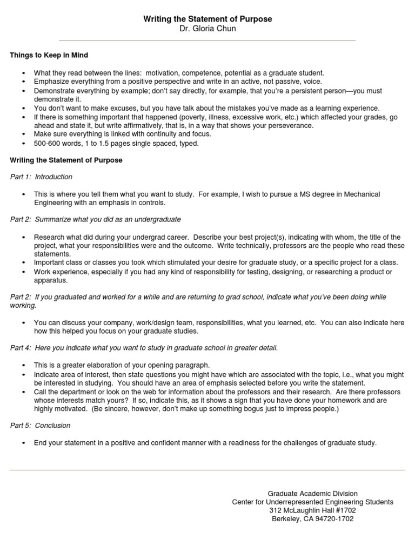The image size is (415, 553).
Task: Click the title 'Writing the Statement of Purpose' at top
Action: pyautogui.click(x=207, y=19)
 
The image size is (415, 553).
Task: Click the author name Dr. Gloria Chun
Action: pyautogui.click(x=207, y=29)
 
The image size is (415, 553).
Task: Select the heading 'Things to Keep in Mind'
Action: pyautogui.click(x=49, y=55)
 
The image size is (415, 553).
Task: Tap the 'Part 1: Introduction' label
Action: pyautogui.click(x=41, y=177)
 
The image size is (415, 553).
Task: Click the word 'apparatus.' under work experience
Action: pyautogui.click(x=50, y=280)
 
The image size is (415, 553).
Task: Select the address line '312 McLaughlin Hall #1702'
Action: pyautogui.click(x=312, y=510)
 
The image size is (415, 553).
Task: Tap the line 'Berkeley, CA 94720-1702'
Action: pyautogui.click(x=312, y=518)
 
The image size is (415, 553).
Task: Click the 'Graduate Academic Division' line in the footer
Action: pyautogui.click(x=312, y=494)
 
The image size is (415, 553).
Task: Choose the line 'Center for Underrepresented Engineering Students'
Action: pyautogui.click(x=312, y=502)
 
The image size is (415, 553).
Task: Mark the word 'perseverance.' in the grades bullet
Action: pyautogui.click(x=292, y=125)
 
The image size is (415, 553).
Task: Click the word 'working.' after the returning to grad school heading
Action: pyautogui.click(x=23, y=305)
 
